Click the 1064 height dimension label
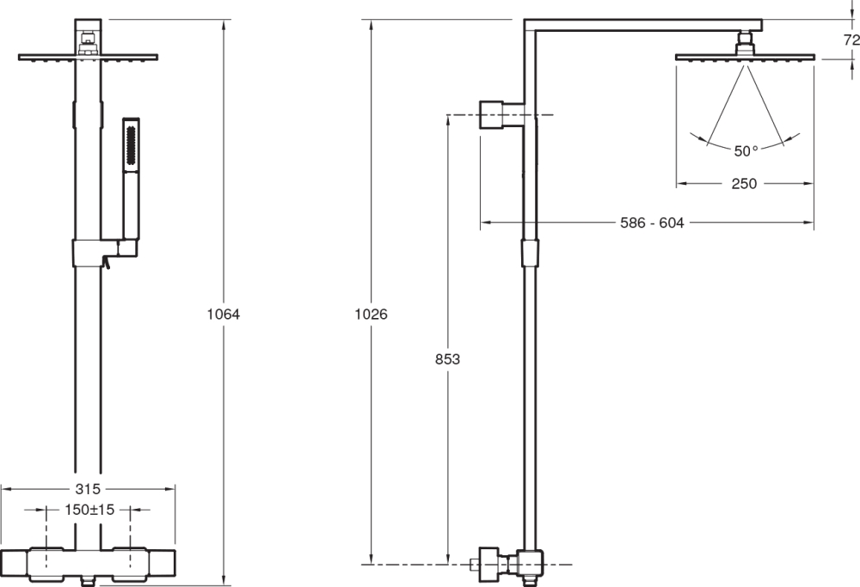(224, 314)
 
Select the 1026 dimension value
(371, 314)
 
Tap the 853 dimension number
(447, 359)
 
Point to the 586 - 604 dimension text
(652, 223)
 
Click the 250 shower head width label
(744, 184)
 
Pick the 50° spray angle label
(746, 150)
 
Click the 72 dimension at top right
(851, 40)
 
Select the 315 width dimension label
(88, 488)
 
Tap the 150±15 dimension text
(89, 510)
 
